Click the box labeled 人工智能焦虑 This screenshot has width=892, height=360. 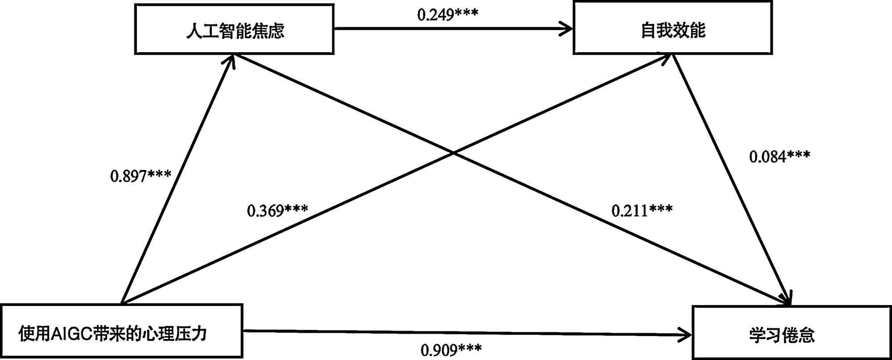[x=234, y=29]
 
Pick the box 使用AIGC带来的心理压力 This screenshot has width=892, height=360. [x=121, y=331]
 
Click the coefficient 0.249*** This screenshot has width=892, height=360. [x=448, y=15]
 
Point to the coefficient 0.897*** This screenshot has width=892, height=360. [x=140, y=176]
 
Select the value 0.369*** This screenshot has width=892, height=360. [x=277, y=210]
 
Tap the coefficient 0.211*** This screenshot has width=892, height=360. [x=642, y=210]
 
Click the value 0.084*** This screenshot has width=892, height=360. [x=780, y=157]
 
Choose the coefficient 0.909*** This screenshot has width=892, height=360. [x=451, y=350]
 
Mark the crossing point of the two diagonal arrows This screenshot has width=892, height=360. [x=453, y=153]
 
